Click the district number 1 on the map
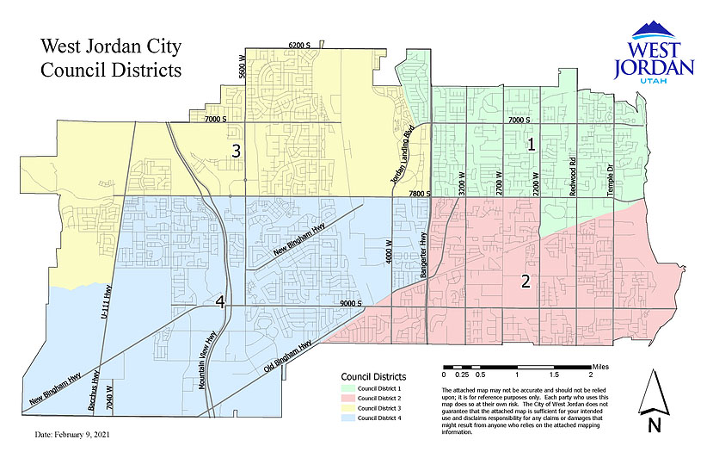tap(532, 145)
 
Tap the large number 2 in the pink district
tap(524, 281)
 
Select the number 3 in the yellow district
tap(235, 151)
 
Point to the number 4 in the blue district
tap(221, 301)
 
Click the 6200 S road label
tap(298, 45)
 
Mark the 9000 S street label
tap(353, 304)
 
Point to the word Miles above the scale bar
tap(600, 366)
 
